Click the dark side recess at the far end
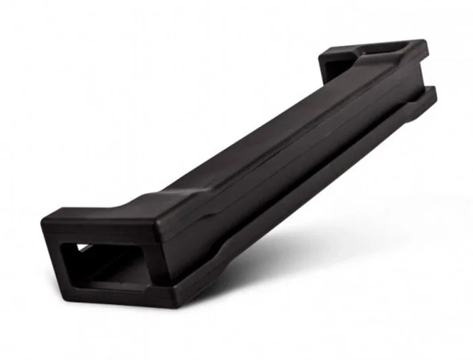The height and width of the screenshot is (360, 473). [334, 68]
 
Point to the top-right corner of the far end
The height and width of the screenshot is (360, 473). [425, 41]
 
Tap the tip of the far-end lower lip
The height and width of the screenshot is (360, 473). [433, 95]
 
